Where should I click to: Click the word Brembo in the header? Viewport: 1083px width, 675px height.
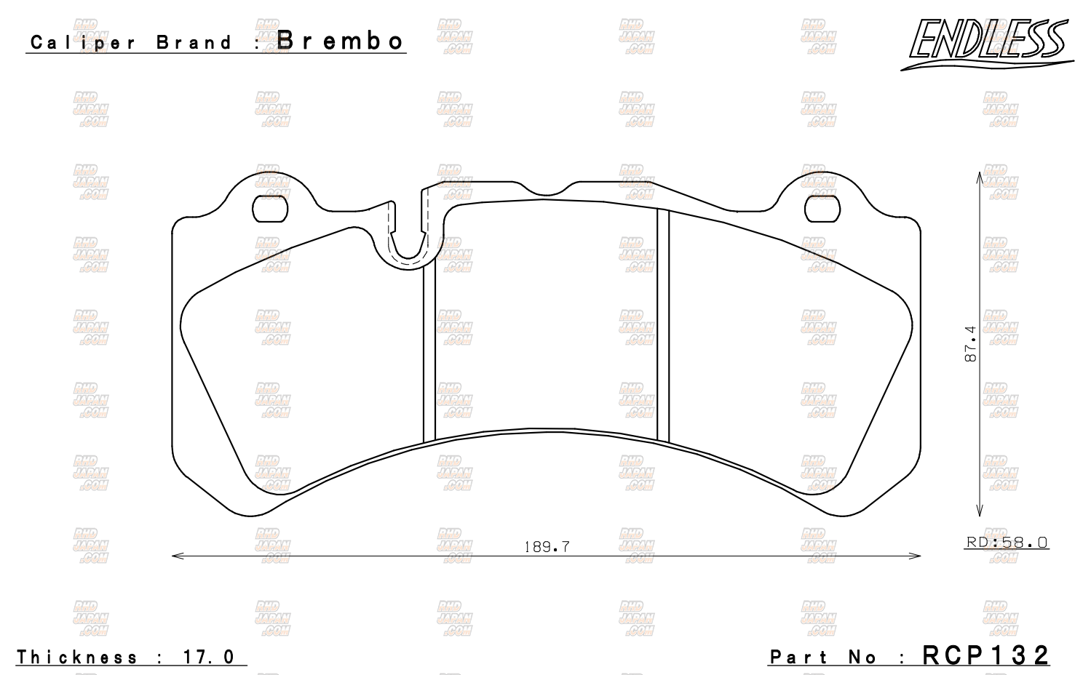[x=340, y=41]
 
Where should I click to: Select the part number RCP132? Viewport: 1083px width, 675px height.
[x=985, y=655]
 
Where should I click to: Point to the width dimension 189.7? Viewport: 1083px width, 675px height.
[x=547, y=546]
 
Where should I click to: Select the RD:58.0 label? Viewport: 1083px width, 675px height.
[x=1007, y=542]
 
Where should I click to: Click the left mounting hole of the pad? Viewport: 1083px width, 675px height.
[x=270, y=209]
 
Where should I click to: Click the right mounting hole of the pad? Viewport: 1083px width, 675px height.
[x=822, y=209]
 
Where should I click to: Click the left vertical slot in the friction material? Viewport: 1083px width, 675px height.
[x=429, y=349]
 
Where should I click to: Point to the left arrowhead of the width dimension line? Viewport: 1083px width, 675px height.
[x=175, y=556]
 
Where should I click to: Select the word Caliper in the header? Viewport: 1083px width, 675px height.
[x=82, y=43]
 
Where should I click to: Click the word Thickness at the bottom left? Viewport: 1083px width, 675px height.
[x=77, y=658]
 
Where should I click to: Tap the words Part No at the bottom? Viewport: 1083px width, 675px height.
[x=823, y=658]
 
